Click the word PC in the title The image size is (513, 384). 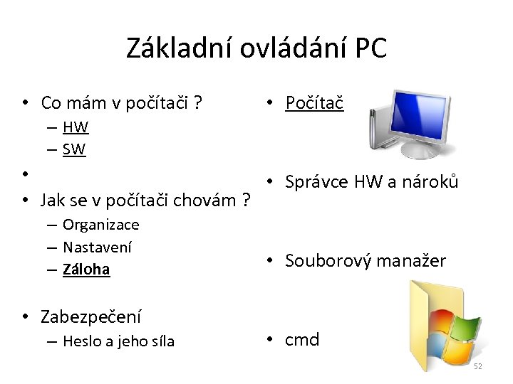click(x=369, y=48)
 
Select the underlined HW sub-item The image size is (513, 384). click(x=75, y=128)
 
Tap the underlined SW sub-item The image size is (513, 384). click(x=74, y=149)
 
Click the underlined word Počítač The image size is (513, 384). click(x=314, y=103)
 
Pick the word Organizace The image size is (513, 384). click(x=100, y=225)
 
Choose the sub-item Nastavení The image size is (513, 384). click(x=98, y=247)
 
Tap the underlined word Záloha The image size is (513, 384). click(x=86, y=270)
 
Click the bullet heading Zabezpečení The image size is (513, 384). click(x=91, y=316)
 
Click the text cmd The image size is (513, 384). click(x=302, y=340)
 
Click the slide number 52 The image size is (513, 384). click(x=478, y=366)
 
